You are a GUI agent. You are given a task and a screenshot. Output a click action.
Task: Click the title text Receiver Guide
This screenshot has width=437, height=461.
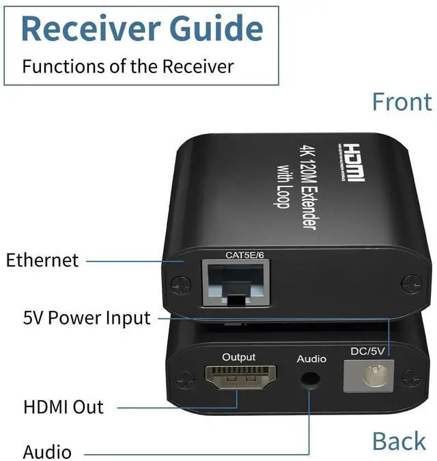pyautogui.click(x=142, y=29)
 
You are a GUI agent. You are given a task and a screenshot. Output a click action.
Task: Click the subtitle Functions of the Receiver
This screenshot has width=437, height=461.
pyautogui.click(x=128, y=66)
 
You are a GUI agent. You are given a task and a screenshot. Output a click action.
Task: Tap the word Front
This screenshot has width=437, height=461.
pyautogui.click(x=401, y=102)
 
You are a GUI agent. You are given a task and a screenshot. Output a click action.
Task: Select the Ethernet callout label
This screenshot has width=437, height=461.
pyautogui.click(x=42, y=260)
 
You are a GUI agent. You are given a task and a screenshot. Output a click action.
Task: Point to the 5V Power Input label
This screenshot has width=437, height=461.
pyautogui.click(x=87, y=318)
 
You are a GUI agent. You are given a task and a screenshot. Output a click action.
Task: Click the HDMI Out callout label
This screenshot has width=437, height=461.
pyautogui.click(x=64, y=408)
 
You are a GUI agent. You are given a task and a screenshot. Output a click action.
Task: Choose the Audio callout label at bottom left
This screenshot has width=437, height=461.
pyautogui.click(x=47, y=451)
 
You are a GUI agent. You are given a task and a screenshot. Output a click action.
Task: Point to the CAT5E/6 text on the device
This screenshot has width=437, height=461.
pyautogui.click(x=244, y=255)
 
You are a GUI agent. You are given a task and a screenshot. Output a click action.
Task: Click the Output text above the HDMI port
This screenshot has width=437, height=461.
pyautogui.click(x=239, y=357)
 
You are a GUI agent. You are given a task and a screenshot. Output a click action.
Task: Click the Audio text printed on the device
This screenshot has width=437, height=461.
pyautogui.click(x=311, y=359)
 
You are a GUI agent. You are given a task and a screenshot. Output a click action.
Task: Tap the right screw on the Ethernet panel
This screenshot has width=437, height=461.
pyautogui.click(x=410, y=281)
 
